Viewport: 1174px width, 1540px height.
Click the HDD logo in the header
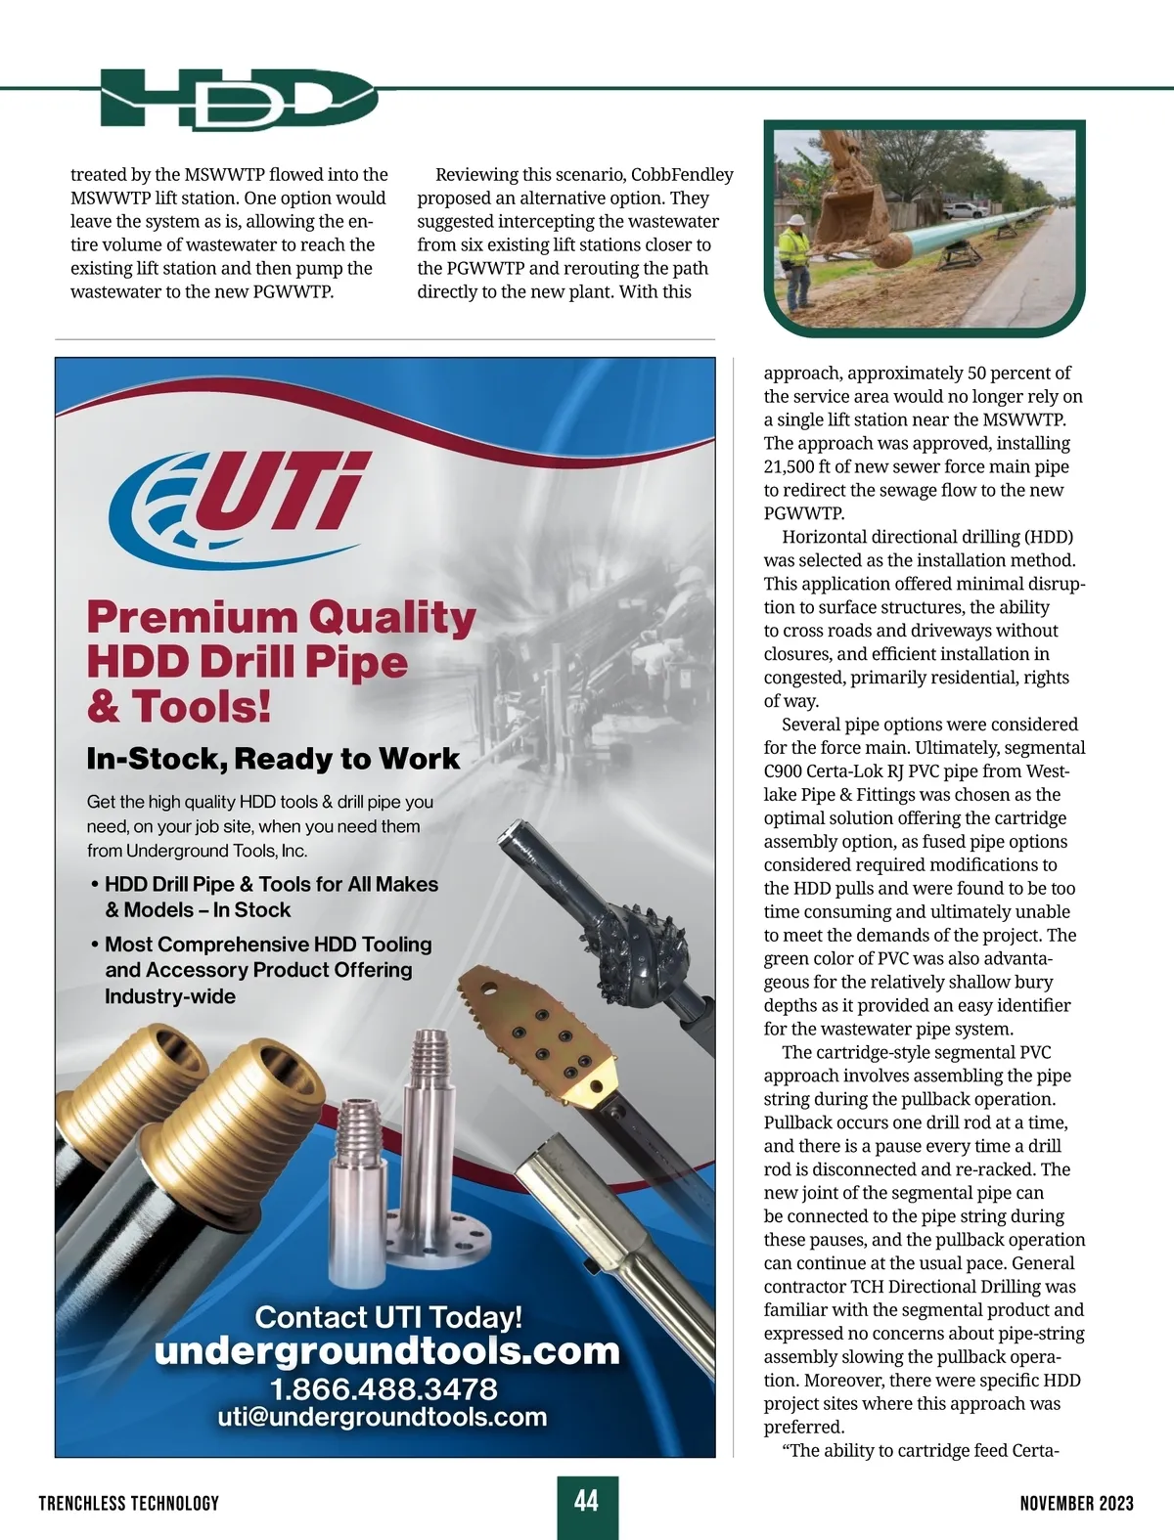click(x=238, y=98)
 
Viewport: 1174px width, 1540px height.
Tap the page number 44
click(x=587, y=1500)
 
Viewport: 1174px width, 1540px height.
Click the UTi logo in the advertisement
click(x=240, y=503)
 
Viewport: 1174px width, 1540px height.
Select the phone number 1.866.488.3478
click(x=384, y=1388)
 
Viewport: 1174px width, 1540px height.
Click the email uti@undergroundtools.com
click(x=383, y=1417)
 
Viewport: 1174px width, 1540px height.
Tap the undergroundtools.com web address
click(x=387, y=1351)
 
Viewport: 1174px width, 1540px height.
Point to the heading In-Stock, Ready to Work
click(x=273, y=759)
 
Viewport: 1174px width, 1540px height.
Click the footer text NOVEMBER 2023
click(x=1076, y=1503)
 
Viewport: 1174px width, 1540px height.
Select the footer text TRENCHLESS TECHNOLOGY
click(x=129, y=1503)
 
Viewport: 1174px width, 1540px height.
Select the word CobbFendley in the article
click(x=682, y=175)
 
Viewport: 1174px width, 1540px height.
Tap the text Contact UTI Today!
click(x=388, y=1317)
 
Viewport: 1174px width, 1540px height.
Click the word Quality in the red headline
click(x=392, y=618)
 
